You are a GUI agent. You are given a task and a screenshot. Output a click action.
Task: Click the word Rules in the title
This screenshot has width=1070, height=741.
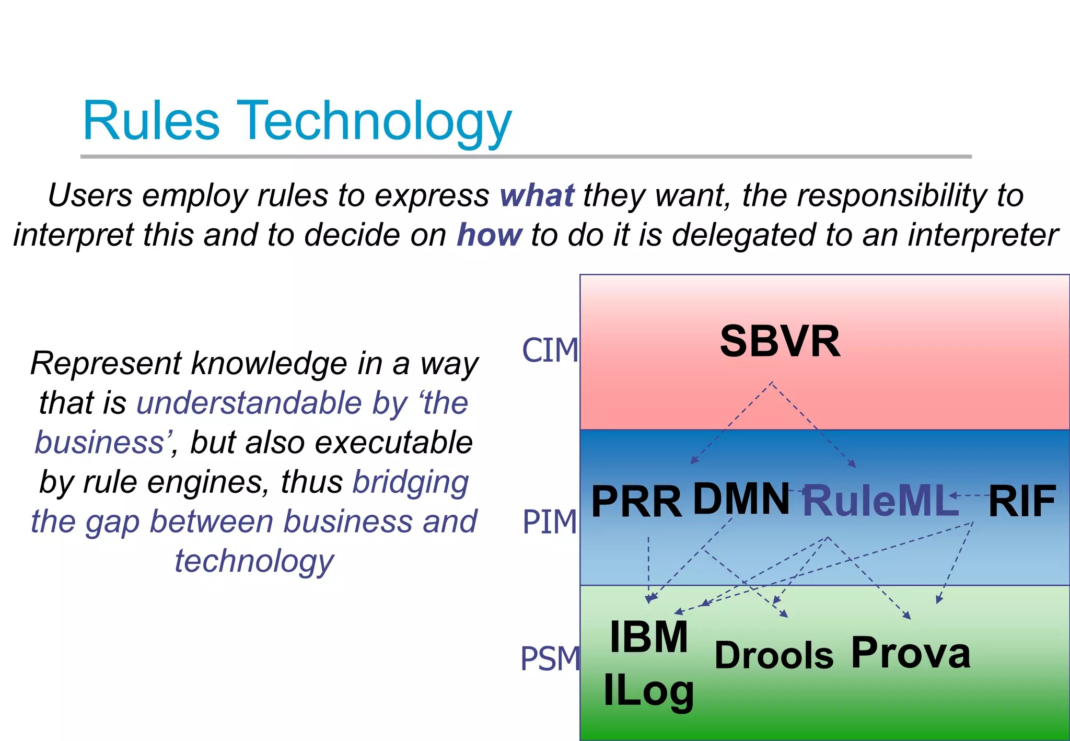pos(151,121)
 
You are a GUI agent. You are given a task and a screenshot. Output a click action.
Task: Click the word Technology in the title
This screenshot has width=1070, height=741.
pos(374,123)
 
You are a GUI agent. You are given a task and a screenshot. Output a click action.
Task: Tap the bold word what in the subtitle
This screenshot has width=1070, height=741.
pos(537,196)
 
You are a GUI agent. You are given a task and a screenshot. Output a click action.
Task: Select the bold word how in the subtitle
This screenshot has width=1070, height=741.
pos(489,235)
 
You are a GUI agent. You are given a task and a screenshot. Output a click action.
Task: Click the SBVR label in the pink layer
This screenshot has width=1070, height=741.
pos(780,341)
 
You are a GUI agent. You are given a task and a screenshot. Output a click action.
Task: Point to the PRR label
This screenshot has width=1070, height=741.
pos(636,502)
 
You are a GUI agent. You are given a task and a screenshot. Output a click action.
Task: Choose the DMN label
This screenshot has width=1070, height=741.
pos(741,499)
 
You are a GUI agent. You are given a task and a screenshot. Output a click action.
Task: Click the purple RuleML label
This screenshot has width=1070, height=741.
pos(880,501)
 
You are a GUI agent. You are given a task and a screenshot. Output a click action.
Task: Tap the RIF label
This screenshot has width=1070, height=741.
pos(1022,501)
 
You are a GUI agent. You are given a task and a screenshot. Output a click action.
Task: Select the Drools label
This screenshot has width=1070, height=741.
pos(774,655)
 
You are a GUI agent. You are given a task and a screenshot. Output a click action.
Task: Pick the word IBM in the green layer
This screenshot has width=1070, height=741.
pos(648,636)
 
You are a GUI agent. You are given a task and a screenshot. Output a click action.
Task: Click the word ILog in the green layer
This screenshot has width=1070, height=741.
pos(648,691)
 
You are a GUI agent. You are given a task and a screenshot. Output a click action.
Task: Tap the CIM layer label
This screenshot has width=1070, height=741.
pos(550,350)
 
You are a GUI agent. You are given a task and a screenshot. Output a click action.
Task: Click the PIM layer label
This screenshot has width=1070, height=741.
pos(550,522)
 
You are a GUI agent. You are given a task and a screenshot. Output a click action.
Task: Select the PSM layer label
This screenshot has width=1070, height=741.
pos(550,658)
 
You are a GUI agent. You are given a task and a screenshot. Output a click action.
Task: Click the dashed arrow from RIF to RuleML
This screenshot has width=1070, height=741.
pos(969,495)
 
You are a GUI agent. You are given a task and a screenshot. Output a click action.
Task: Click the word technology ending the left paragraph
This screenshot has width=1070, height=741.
pos(254,561)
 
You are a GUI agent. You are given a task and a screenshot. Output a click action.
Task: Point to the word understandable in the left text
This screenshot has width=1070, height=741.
pos(249,403)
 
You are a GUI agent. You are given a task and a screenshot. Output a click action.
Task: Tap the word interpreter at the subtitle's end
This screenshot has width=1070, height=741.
pos(983,235)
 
